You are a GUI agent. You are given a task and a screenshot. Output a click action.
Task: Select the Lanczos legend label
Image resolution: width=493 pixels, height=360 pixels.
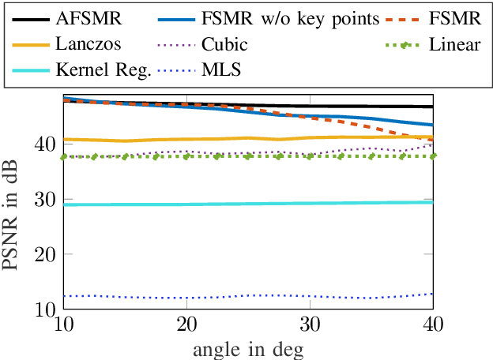click(87, 44)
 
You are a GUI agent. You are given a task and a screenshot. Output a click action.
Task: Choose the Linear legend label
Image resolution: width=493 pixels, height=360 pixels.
click(455, 44)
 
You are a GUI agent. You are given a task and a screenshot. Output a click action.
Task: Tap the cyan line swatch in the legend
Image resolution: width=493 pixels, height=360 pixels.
click(31, 71)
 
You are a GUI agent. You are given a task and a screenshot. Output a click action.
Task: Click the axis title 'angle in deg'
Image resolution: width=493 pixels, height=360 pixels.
click(246, 348)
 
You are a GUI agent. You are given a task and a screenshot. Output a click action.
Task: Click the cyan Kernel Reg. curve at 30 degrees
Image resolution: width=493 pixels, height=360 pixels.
click(309, 203)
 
